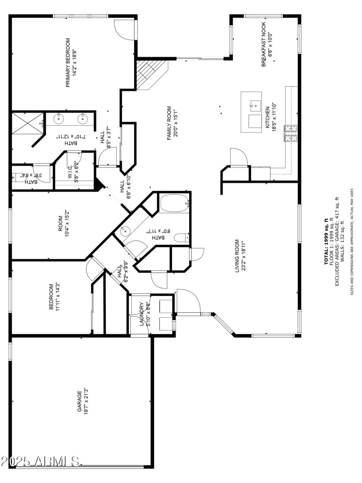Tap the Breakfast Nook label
[264, 44]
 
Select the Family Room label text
[169, 123]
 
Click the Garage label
[79, 401]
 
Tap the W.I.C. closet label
[71, 171]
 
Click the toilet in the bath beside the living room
[181, 237]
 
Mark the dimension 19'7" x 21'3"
[86, 401]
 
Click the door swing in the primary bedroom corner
[124, 30]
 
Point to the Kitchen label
[267, 118]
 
